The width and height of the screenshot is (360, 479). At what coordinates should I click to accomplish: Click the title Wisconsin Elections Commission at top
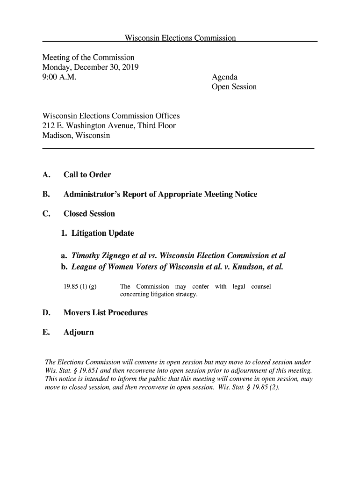180,38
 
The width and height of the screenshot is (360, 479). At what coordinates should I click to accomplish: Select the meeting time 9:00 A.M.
59,77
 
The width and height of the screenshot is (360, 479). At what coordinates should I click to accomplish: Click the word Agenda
225,77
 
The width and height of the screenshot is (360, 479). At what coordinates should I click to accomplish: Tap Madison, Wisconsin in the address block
76,136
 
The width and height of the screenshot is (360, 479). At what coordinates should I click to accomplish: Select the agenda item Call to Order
87,175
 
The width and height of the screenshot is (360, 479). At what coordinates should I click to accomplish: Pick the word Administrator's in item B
93,194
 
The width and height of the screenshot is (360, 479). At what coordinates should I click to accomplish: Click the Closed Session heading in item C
89,214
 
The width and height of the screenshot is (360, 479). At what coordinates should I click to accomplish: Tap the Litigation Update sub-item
102,233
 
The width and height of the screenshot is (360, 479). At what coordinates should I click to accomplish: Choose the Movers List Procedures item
105,312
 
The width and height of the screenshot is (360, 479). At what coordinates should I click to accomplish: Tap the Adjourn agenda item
79,332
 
